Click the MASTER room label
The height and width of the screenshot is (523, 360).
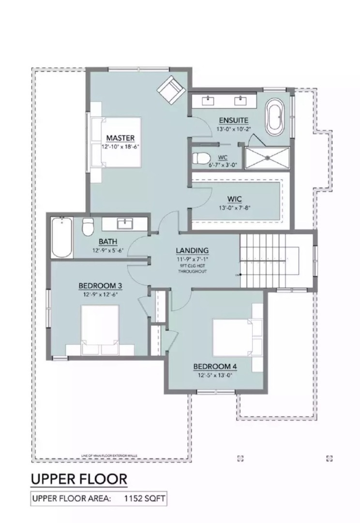[120, 138]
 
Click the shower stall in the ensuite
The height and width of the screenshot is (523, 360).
[267, 158]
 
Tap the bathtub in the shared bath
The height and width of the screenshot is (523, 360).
[62, 237]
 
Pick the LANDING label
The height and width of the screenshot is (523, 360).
[192, 250]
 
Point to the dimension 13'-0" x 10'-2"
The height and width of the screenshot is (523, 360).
[233, 129]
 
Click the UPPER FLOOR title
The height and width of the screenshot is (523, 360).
[79, 479]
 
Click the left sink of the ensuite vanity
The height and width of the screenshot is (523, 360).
[209, 101]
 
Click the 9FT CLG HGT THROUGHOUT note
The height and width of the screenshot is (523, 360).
[192, 268]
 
